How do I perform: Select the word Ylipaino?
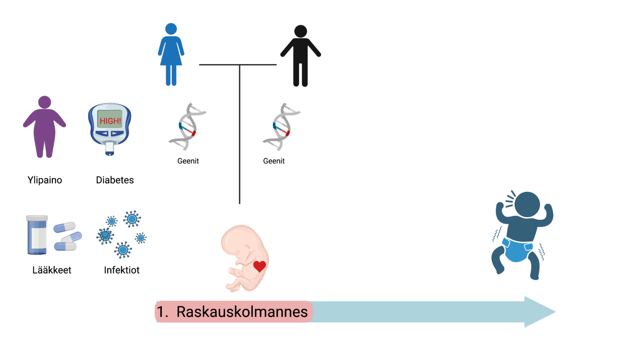(45, 180)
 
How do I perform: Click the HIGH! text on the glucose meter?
(110, 121)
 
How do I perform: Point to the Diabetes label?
(115, 180)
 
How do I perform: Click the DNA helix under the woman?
(187, 127)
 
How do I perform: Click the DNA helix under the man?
(281, 127)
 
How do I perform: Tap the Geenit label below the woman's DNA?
(188, 161)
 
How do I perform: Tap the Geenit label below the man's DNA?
(274, 161)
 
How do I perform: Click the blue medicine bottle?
(37, 235)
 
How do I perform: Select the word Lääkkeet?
(52, 270)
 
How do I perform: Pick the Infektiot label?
(121, 270)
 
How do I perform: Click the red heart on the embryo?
(260, 266)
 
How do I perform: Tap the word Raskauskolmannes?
(242, 312)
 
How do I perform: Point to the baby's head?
(527, 204)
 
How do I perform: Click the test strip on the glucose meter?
(110, 149)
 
